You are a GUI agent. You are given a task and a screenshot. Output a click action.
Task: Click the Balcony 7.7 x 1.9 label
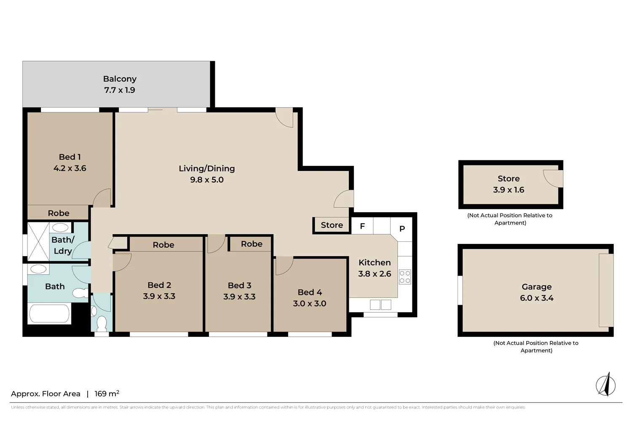tap(120, 84)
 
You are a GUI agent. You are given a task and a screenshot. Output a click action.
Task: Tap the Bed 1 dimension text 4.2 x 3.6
tap(70, 168)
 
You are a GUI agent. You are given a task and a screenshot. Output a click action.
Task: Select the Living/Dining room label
tap(206, 168)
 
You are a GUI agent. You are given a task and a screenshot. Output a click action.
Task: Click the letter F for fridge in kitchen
tap(362, 226)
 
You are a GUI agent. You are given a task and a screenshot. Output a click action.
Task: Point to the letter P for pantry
tap(402, 228)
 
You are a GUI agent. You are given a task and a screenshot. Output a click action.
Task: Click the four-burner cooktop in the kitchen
tap(405, 277)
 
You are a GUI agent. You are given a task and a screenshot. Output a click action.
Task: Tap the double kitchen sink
tap(380, 304)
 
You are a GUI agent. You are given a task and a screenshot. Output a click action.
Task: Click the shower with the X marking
tap(38, 242)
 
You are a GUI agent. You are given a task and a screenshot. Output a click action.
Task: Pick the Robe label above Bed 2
tap(163, 245)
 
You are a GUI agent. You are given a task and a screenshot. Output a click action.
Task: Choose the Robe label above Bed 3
tap(252, 244)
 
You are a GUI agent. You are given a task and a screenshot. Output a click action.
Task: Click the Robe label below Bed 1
tap(59, 213)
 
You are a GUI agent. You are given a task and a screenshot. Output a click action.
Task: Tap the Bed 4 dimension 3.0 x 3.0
tap(310, 303)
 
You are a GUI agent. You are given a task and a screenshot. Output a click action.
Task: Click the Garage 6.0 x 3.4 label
tap(536, 292)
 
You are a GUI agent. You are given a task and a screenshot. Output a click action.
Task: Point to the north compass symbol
tap(606, 384)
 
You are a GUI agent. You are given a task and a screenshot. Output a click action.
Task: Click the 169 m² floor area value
tap(107, 394)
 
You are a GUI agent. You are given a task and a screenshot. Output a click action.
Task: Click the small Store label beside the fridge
tap(332, 225)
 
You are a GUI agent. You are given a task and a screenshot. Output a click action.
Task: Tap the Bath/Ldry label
tap(63, 245)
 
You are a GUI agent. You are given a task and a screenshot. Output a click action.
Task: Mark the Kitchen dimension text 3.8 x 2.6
tap(375, 274)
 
